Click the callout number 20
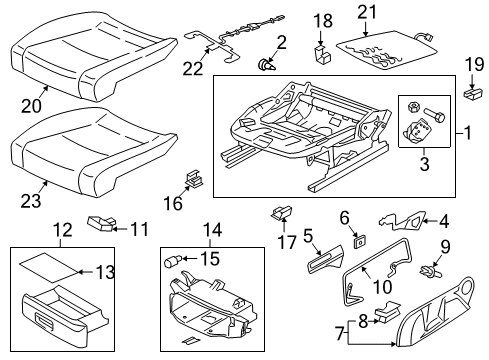pos(31,106)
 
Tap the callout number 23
pos(31,201)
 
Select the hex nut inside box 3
pos(413,107)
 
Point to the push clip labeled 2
pos(267,65)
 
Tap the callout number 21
pos(367,12)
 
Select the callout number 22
pos(193,68)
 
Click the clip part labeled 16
pos(194,179)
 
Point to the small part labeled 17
pos(282,213)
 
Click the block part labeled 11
pos(101,223)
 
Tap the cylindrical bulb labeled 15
pos(173,260)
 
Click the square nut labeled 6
pos(359,242)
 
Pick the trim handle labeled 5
pos(325,260)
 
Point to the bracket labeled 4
pos(403,220)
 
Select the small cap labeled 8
pos(387,312)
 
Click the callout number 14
pos(212,230)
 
